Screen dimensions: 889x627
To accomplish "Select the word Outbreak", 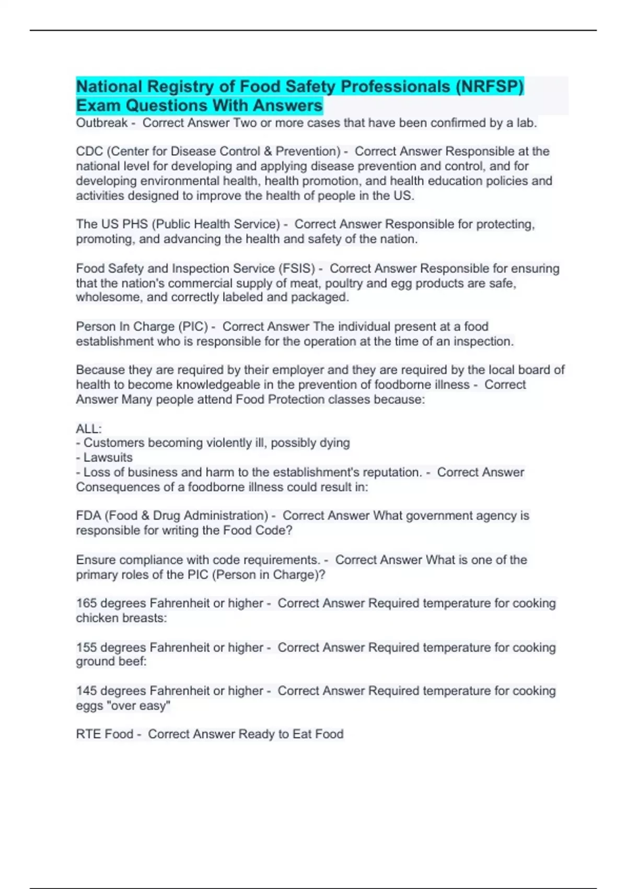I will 101,123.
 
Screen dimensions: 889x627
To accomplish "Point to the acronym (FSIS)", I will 298,268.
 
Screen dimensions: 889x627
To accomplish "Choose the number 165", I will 86,603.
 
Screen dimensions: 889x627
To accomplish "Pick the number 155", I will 86,647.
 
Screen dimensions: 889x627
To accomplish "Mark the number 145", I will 86,691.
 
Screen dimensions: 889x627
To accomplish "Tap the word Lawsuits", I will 108,457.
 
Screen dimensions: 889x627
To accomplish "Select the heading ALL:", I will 89,429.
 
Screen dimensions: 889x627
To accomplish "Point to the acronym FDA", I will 89,516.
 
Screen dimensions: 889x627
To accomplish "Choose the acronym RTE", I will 88,734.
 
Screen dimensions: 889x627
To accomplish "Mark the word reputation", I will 392,472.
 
